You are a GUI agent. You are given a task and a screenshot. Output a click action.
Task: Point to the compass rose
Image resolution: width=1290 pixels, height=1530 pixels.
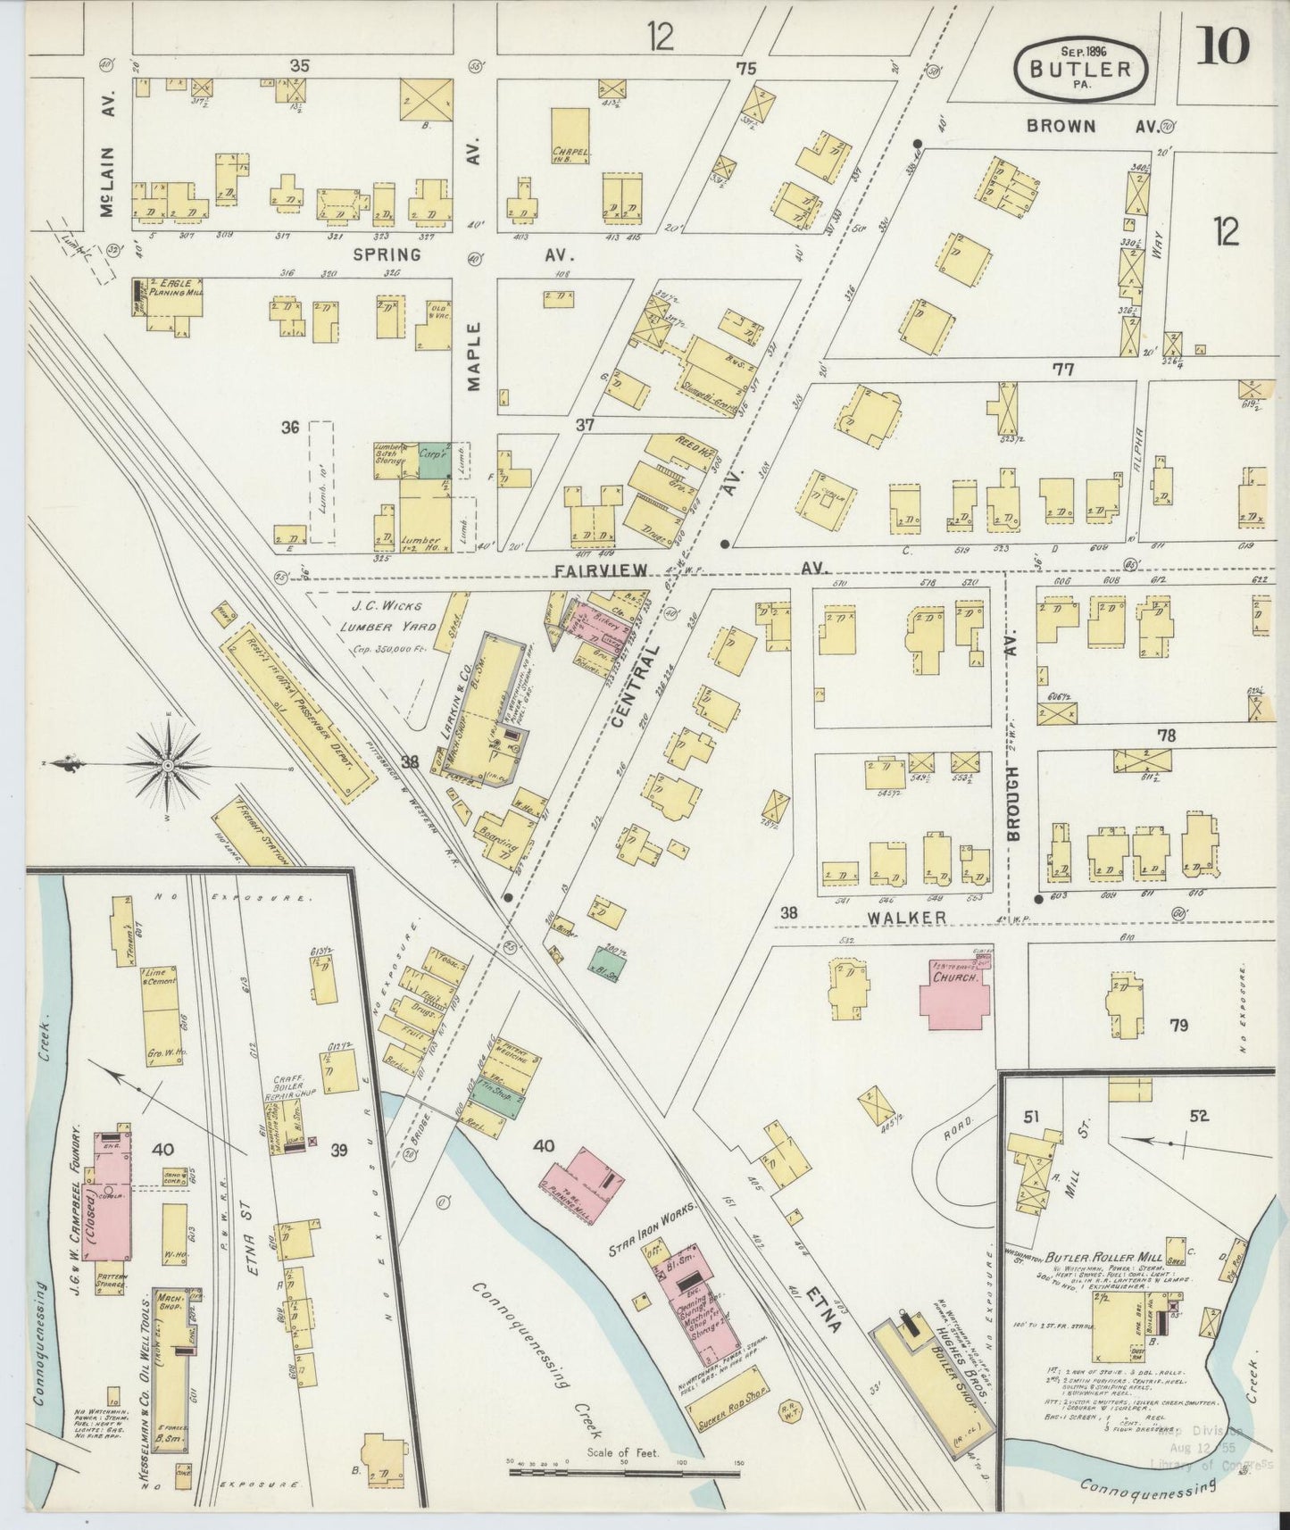tap(168, 765)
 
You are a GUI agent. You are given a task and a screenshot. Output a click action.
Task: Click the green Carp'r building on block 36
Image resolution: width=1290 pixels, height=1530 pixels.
tap(433, 458)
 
